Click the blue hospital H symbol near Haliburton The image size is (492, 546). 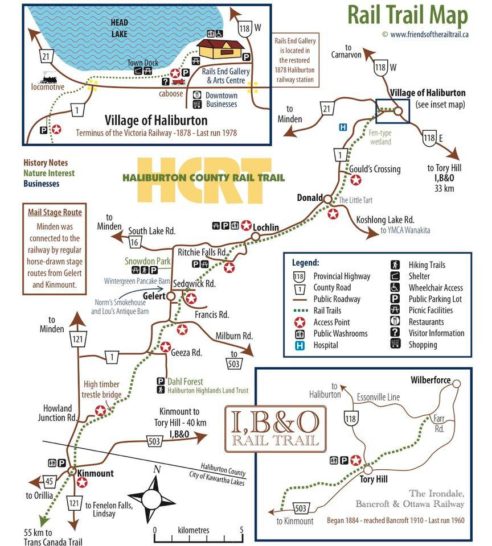click(x=343, y=127)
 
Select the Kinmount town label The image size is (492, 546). click(x=96, y=473)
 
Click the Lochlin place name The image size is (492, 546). click(x=266, y=227)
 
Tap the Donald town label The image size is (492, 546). click(x=310, y=197)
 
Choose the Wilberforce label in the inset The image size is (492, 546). click(x=430, y=380)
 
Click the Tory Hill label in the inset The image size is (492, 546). click(x=374, y=479)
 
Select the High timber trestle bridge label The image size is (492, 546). click(x=101, y=389)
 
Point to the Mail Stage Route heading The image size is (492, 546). click(x=55, y=213)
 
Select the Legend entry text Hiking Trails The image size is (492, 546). click(x=427, y=265)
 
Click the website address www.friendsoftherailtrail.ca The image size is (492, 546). click(x=429, y=34)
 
